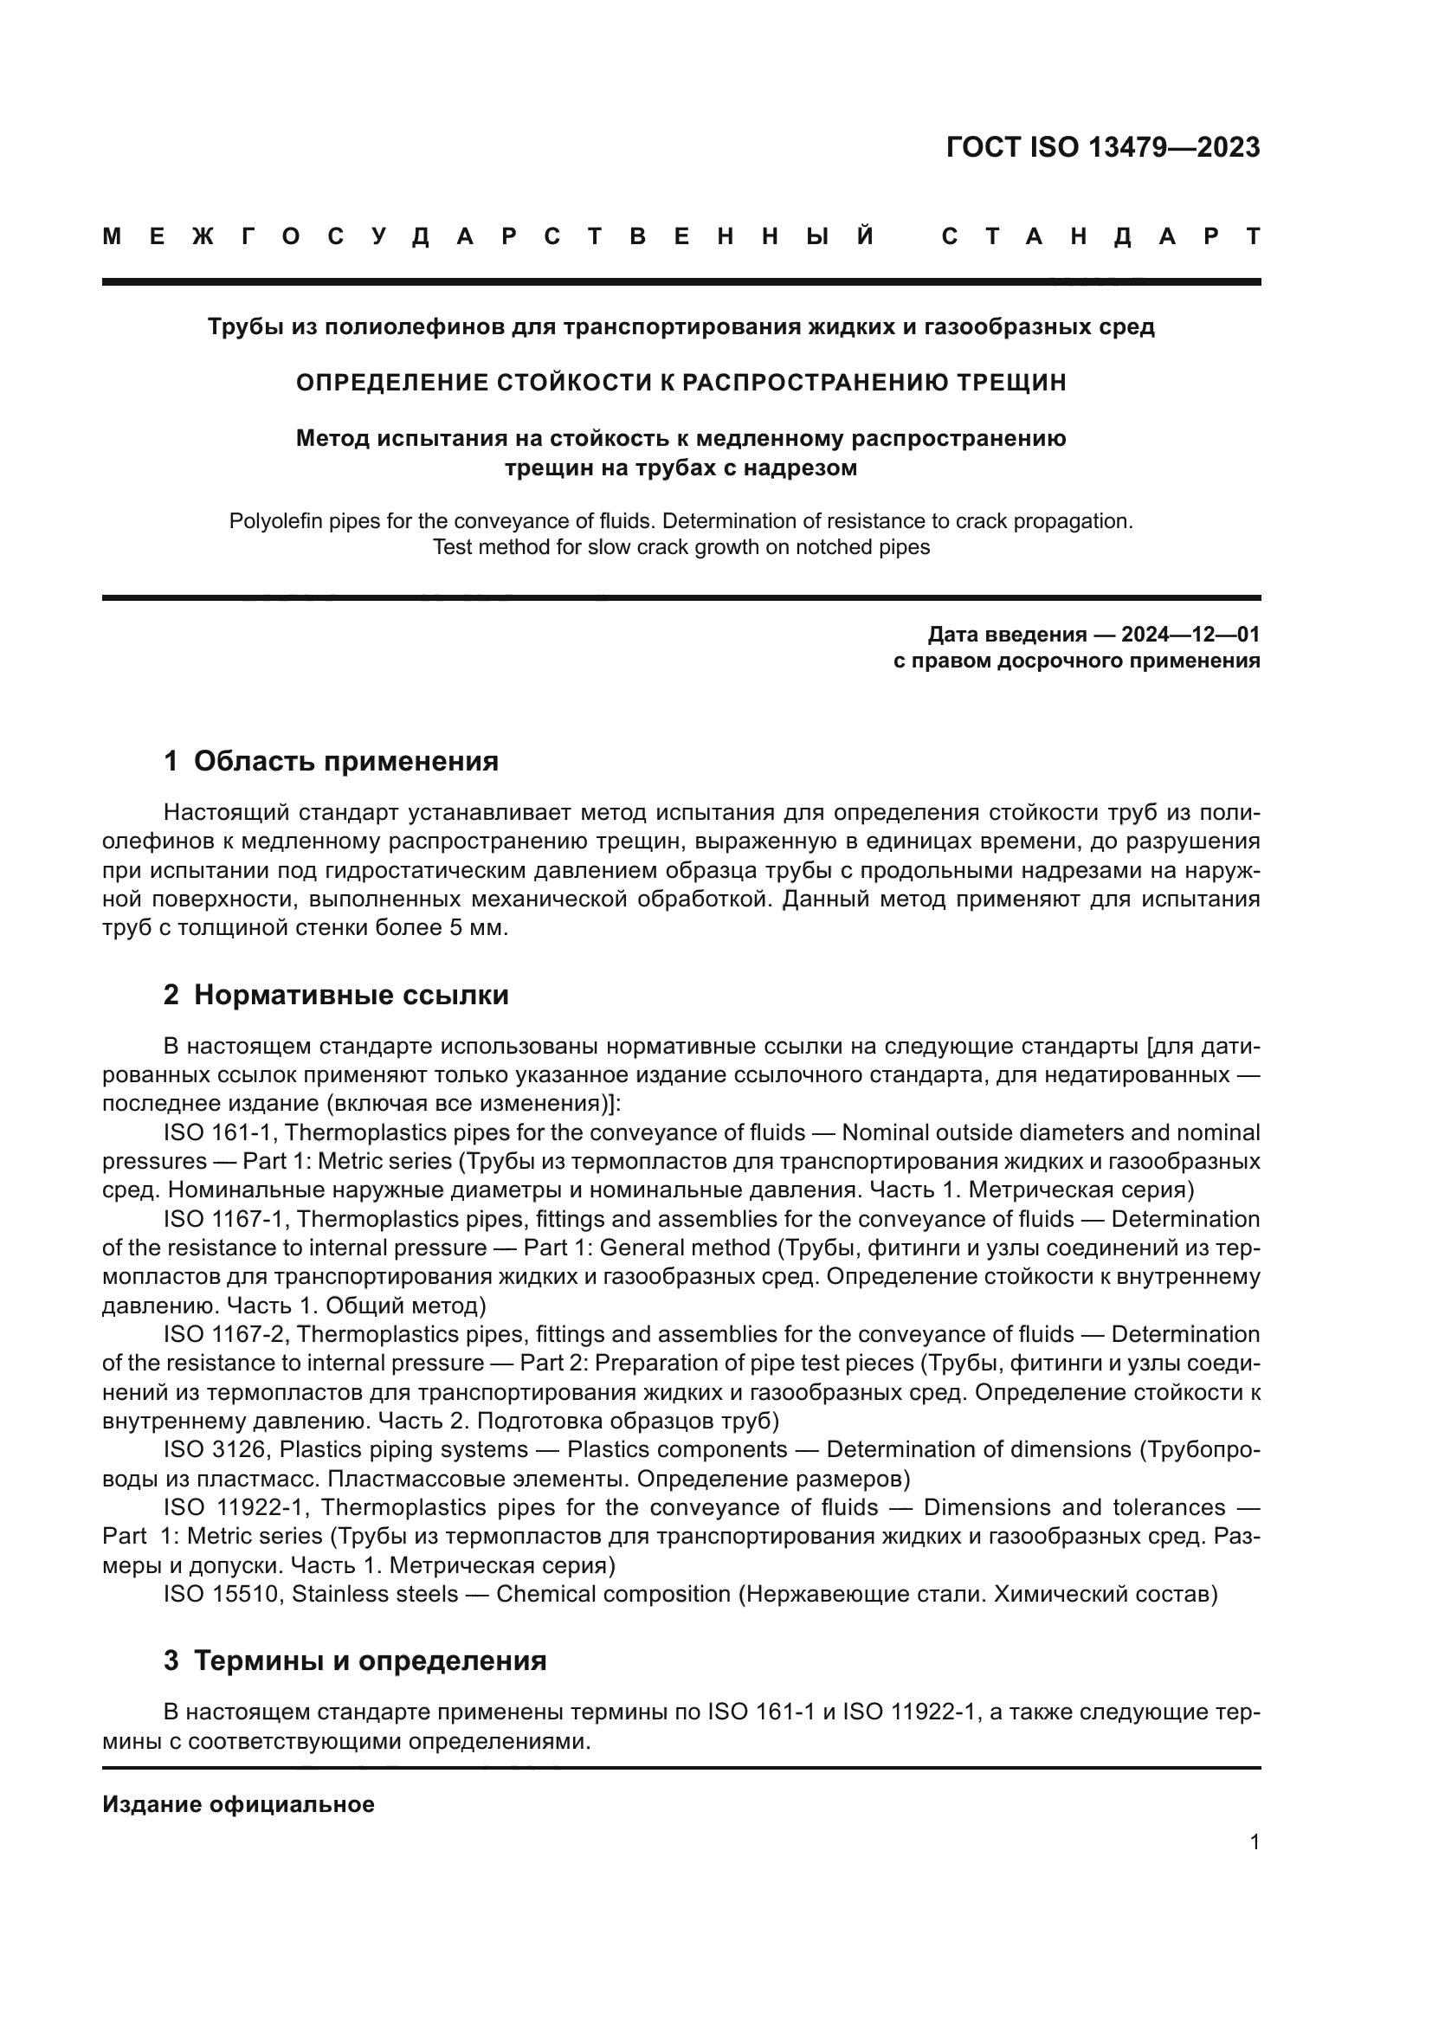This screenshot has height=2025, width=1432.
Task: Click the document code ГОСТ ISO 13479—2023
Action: [1102, 147]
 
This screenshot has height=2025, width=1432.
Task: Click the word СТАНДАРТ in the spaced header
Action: [1100, 236]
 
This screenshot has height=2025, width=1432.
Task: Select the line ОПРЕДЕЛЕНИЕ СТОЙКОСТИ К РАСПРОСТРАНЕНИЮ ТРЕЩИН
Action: [681, 383]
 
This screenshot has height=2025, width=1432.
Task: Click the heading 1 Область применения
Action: [331, 761]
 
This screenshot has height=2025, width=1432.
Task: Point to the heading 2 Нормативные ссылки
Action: [336, 995]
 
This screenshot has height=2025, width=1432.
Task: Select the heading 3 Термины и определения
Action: [354, 1661]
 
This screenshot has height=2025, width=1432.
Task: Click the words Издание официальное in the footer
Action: [238, 1804]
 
